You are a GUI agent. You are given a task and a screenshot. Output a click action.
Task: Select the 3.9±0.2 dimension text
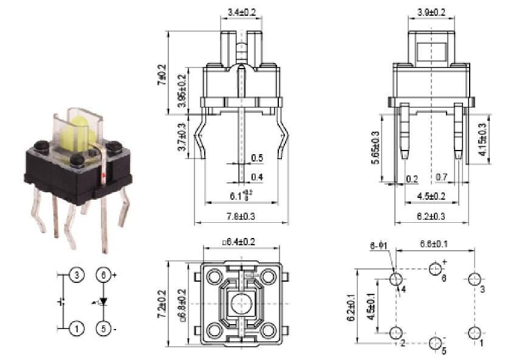(431, 12)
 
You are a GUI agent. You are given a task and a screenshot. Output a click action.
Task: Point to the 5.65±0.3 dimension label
(375, 148)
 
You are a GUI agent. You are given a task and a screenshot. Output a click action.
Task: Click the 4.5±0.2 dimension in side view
(431, 195)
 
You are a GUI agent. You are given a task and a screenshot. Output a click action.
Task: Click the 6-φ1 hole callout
(379, 246)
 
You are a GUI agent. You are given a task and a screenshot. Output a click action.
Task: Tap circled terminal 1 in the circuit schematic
(77, 328)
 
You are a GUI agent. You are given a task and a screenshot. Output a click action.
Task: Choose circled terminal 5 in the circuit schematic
(104, 328)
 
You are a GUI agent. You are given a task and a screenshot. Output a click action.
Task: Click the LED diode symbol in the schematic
(103, 301)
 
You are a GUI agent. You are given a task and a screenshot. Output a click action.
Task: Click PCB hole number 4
(396, 279)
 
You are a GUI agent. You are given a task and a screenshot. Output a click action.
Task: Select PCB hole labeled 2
(396, 333)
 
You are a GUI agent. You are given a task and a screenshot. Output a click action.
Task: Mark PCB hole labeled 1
(475, 333)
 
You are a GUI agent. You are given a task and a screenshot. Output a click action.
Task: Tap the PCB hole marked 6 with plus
(436, 268)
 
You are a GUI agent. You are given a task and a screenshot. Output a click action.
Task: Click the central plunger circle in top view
(242, 302)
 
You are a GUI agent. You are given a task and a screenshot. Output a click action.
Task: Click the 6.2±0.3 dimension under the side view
(431, 216)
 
